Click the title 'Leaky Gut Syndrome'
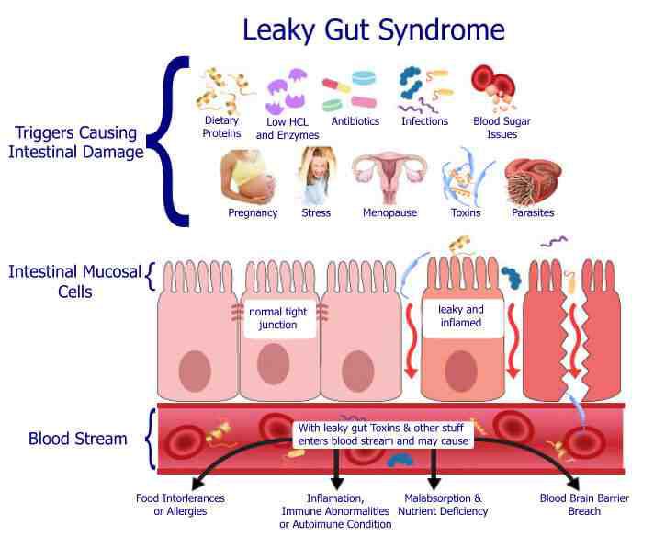point(373,30)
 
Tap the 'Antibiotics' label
point(355,121)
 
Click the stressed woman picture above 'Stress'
point(317,175)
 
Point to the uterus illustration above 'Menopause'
point(389,177)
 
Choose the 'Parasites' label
point(533,212)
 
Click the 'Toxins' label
point(466,212)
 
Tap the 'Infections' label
point(424,121)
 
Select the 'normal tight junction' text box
point(277,318)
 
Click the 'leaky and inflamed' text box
point(461,316)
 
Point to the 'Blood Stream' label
point(78,439)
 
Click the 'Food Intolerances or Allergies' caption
point(180,504)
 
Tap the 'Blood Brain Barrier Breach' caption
point(584,504)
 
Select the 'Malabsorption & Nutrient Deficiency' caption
point(443,504)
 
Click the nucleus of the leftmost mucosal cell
point(195,371)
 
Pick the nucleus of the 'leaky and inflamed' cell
point(461,371)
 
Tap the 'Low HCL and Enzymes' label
point(288,128)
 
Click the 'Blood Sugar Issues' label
point(502,127)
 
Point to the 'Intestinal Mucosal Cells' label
point(75,281)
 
